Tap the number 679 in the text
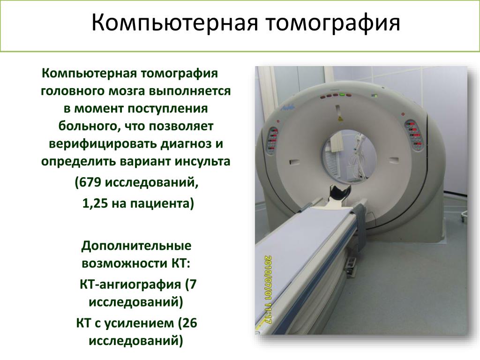(91, 183)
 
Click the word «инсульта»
(202, 161)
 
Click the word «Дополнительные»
(136, 246)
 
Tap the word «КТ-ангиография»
(130, 285)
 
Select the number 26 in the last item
(189, 323)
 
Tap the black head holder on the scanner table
(339, 194)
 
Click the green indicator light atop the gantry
(342, 95)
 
